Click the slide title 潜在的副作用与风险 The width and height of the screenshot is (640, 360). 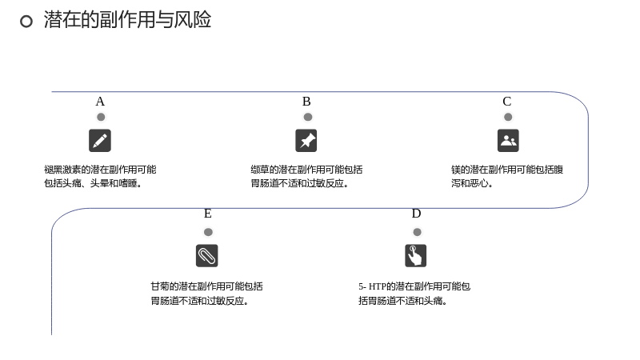pos(127,19)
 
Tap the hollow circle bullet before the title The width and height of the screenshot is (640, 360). pos(26,22)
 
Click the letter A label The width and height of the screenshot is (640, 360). pos(100,102)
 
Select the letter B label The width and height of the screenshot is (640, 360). pos(306,102)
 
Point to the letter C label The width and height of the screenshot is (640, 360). pos(507,102)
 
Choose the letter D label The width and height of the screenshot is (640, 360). pos(416,214)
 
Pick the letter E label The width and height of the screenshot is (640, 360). pos(208,214)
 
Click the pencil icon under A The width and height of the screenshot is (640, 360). pos(100,141)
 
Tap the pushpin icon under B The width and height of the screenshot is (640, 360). pos(306,141)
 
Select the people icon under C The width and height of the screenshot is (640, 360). pos(508,141)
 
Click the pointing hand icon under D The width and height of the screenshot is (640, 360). pos(415,255)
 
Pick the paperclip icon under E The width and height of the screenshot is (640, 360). pos(207,255)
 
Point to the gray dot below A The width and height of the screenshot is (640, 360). pos(101,117)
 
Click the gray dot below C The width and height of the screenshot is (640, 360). pos(508,117)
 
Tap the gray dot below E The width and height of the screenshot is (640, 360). pos(208,232)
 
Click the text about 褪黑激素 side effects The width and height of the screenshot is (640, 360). pos(100,176)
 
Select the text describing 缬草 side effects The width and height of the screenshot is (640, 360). pos(306,176)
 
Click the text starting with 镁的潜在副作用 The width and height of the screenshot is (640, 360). pos(507,176)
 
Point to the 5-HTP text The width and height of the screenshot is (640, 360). pos(414,294)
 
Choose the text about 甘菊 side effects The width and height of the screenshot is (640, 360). pos(206,294)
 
